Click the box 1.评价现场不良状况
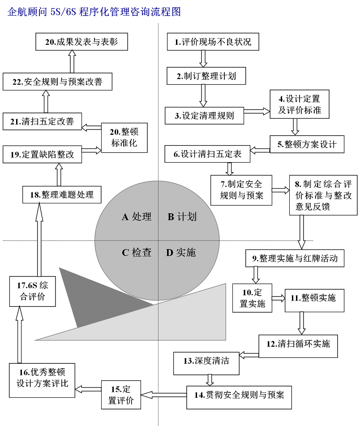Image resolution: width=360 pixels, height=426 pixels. pyautogui.click(x=213, y=43)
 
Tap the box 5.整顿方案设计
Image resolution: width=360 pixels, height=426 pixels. pyautogui.click(x=307, y=144)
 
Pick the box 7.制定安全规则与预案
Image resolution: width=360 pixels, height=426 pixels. pyautogui.click(x=241, y=189)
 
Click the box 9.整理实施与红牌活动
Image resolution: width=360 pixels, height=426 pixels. pyautogui.click(x=295, y=258)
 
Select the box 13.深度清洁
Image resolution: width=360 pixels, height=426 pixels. pyautogui.click(x=206, y=361)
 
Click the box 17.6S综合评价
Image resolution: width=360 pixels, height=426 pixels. pyautogui.click(x=33, y=291)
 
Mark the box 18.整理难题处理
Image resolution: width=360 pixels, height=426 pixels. pyautogui.click(x=62, y=195)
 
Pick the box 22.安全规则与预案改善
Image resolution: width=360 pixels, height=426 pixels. pyautogui.click(x=57, y=82)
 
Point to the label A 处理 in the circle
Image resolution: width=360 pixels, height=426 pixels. pyautogui.click(x=137, y=217)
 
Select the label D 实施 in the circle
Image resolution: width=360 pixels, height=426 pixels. pyautogui.click(x=181, y=253)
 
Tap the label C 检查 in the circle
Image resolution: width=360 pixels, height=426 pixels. pyautogui.click(x=137, y=253)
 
